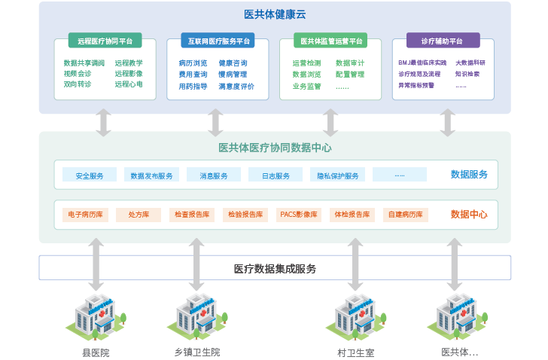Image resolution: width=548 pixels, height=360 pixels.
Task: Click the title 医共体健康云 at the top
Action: (x=275, y=14)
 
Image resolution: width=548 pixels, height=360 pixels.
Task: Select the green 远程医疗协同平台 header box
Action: (x=105, y=41)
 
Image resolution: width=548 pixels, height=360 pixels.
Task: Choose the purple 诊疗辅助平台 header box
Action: (x=443, y=40)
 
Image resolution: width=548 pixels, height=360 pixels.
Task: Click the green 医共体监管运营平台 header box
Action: (x=331, y=41)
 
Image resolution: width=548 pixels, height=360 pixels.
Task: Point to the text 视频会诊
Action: (x=78, y=74)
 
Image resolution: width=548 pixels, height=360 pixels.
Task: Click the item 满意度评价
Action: (x=236, y=87)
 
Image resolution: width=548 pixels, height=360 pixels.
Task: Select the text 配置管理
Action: (x=350, y=75)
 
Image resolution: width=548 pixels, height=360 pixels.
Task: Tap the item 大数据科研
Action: (x=470, y=63)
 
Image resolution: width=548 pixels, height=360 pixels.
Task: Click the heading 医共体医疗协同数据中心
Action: (x=275, y=148)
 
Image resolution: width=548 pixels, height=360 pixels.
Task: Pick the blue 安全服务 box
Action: (x=90, y=175)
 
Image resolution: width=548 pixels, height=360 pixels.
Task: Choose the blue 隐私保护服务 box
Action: (x=337, y=175)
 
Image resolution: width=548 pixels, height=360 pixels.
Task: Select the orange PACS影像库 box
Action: (x=298, y=215)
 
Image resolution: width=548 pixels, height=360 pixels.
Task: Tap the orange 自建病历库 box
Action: (x=406, y=215)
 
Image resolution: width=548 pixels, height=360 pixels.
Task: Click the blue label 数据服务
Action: (x=469, y=175)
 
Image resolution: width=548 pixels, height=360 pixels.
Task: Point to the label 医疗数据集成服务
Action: (x=275, y=268)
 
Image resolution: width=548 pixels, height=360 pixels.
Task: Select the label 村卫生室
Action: (x=355, y=352)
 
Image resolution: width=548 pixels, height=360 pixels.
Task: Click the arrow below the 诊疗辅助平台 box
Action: (x=448, y=122)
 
